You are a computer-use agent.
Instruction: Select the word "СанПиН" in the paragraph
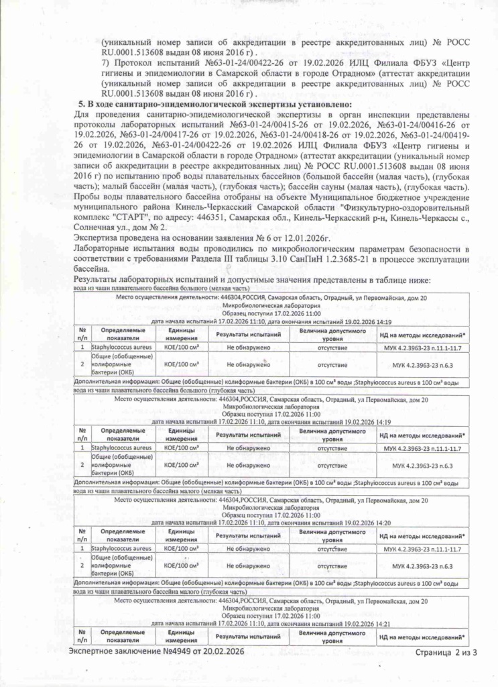tap(334, 258)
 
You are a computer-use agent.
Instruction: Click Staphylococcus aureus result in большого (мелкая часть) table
tap(248, 348)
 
